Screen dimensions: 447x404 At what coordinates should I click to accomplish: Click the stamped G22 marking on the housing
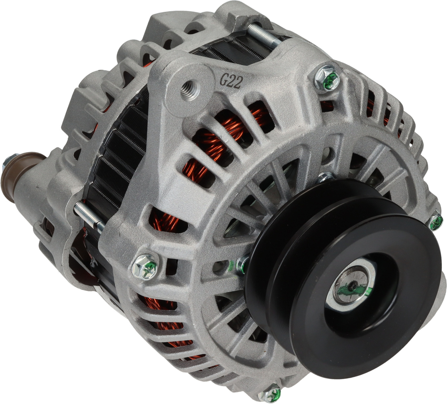pos(231,81)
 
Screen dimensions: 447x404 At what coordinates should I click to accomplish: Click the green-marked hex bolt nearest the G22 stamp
pos(327,78)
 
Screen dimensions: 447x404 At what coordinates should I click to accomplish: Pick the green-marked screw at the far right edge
pos(436,222)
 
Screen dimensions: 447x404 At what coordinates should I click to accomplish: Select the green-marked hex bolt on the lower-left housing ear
pos(145,267)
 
